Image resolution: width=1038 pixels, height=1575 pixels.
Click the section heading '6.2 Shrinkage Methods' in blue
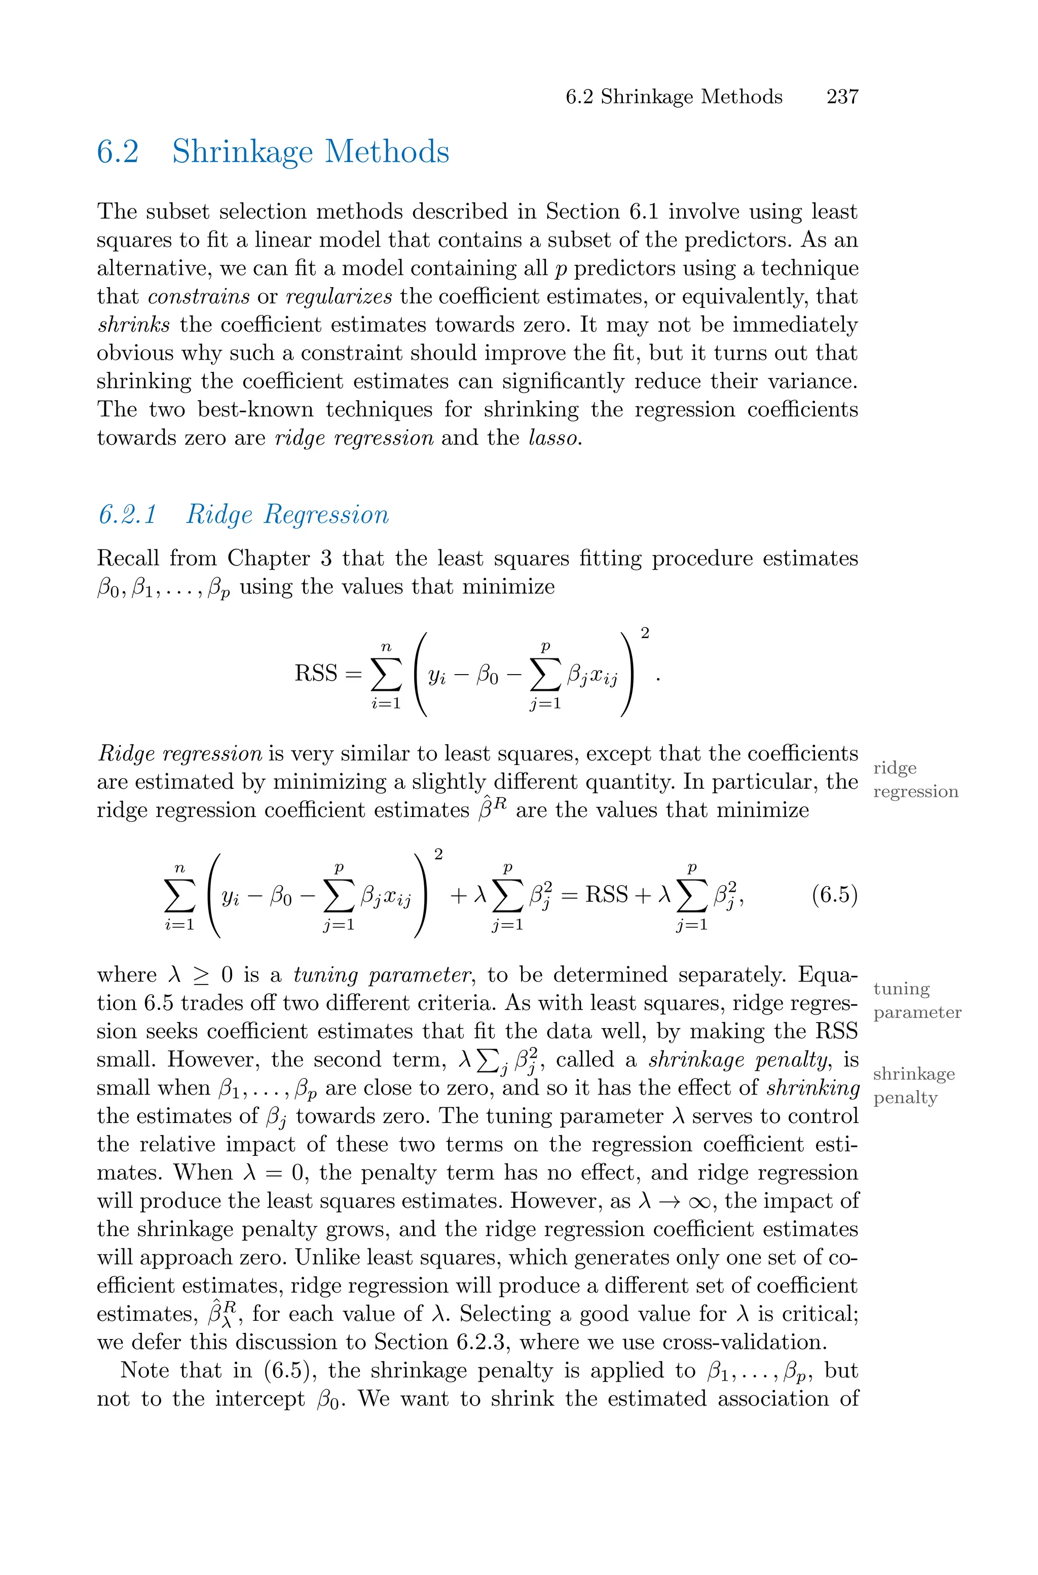(x=273, y=152)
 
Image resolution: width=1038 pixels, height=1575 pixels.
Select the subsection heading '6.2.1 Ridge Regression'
(x=244, y=515)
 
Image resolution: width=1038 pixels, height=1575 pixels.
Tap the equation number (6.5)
(x=834, y=895)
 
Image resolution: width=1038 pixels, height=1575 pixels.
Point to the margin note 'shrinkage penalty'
(x=913, y=1086)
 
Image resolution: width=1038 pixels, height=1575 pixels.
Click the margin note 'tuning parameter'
(x=917, y=1001)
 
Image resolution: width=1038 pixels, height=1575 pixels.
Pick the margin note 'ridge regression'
(x=915, y=780)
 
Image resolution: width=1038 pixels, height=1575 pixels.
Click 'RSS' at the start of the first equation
(x=316, y=674)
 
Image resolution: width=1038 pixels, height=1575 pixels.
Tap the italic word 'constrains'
(x=199, y=297)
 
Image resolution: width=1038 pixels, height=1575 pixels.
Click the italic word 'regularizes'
(x=338, y=297)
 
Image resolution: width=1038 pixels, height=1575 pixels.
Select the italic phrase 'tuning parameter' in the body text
(x=381, y=975)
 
